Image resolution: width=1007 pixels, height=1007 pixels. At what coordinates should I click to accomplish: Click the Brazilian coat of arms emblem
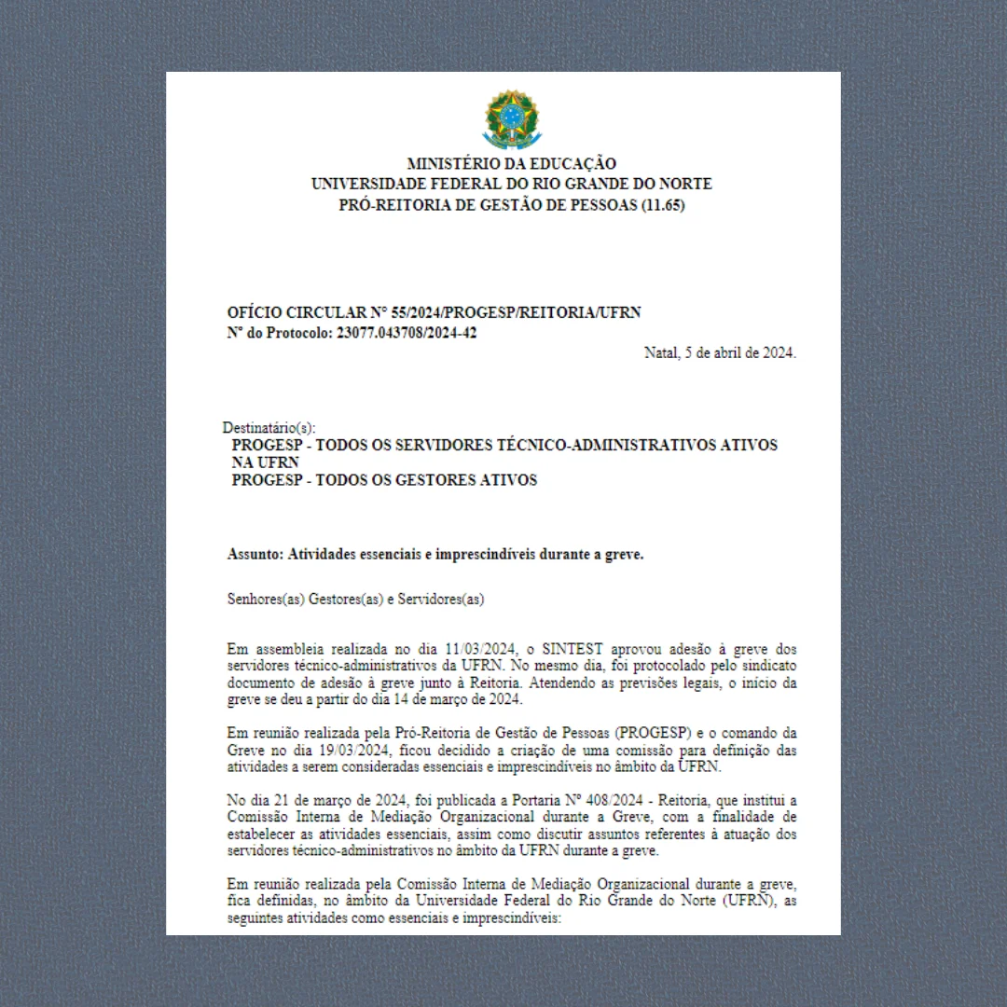(x=511, y=119)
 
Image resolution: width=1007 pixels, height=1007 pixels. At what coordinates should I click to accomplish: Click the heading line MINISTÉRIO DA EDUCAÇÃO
(x=511, y=164)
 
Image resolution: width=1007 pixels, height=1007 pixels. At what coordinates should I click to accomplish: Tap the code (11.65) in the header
(x=663, y=205)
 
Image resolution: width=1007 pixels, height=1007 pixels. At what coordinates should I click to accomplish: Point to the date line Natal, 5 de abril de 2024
(x=720, y=352)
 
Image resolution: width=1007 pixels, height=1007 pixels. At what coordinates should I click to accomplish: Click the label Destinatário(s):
(x=269, y=428)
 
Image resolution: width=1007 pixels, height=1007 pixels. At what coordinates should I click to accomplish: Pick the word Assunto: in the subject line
(x=255, y=554)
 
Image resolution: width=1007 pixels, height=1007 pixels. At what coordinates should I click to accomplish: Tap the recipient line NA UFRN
(x=266, y=462)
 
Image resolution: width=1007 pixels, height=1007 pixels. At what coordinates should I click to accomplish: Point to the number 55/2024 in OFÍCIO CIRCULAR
(x=418, y=312)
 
